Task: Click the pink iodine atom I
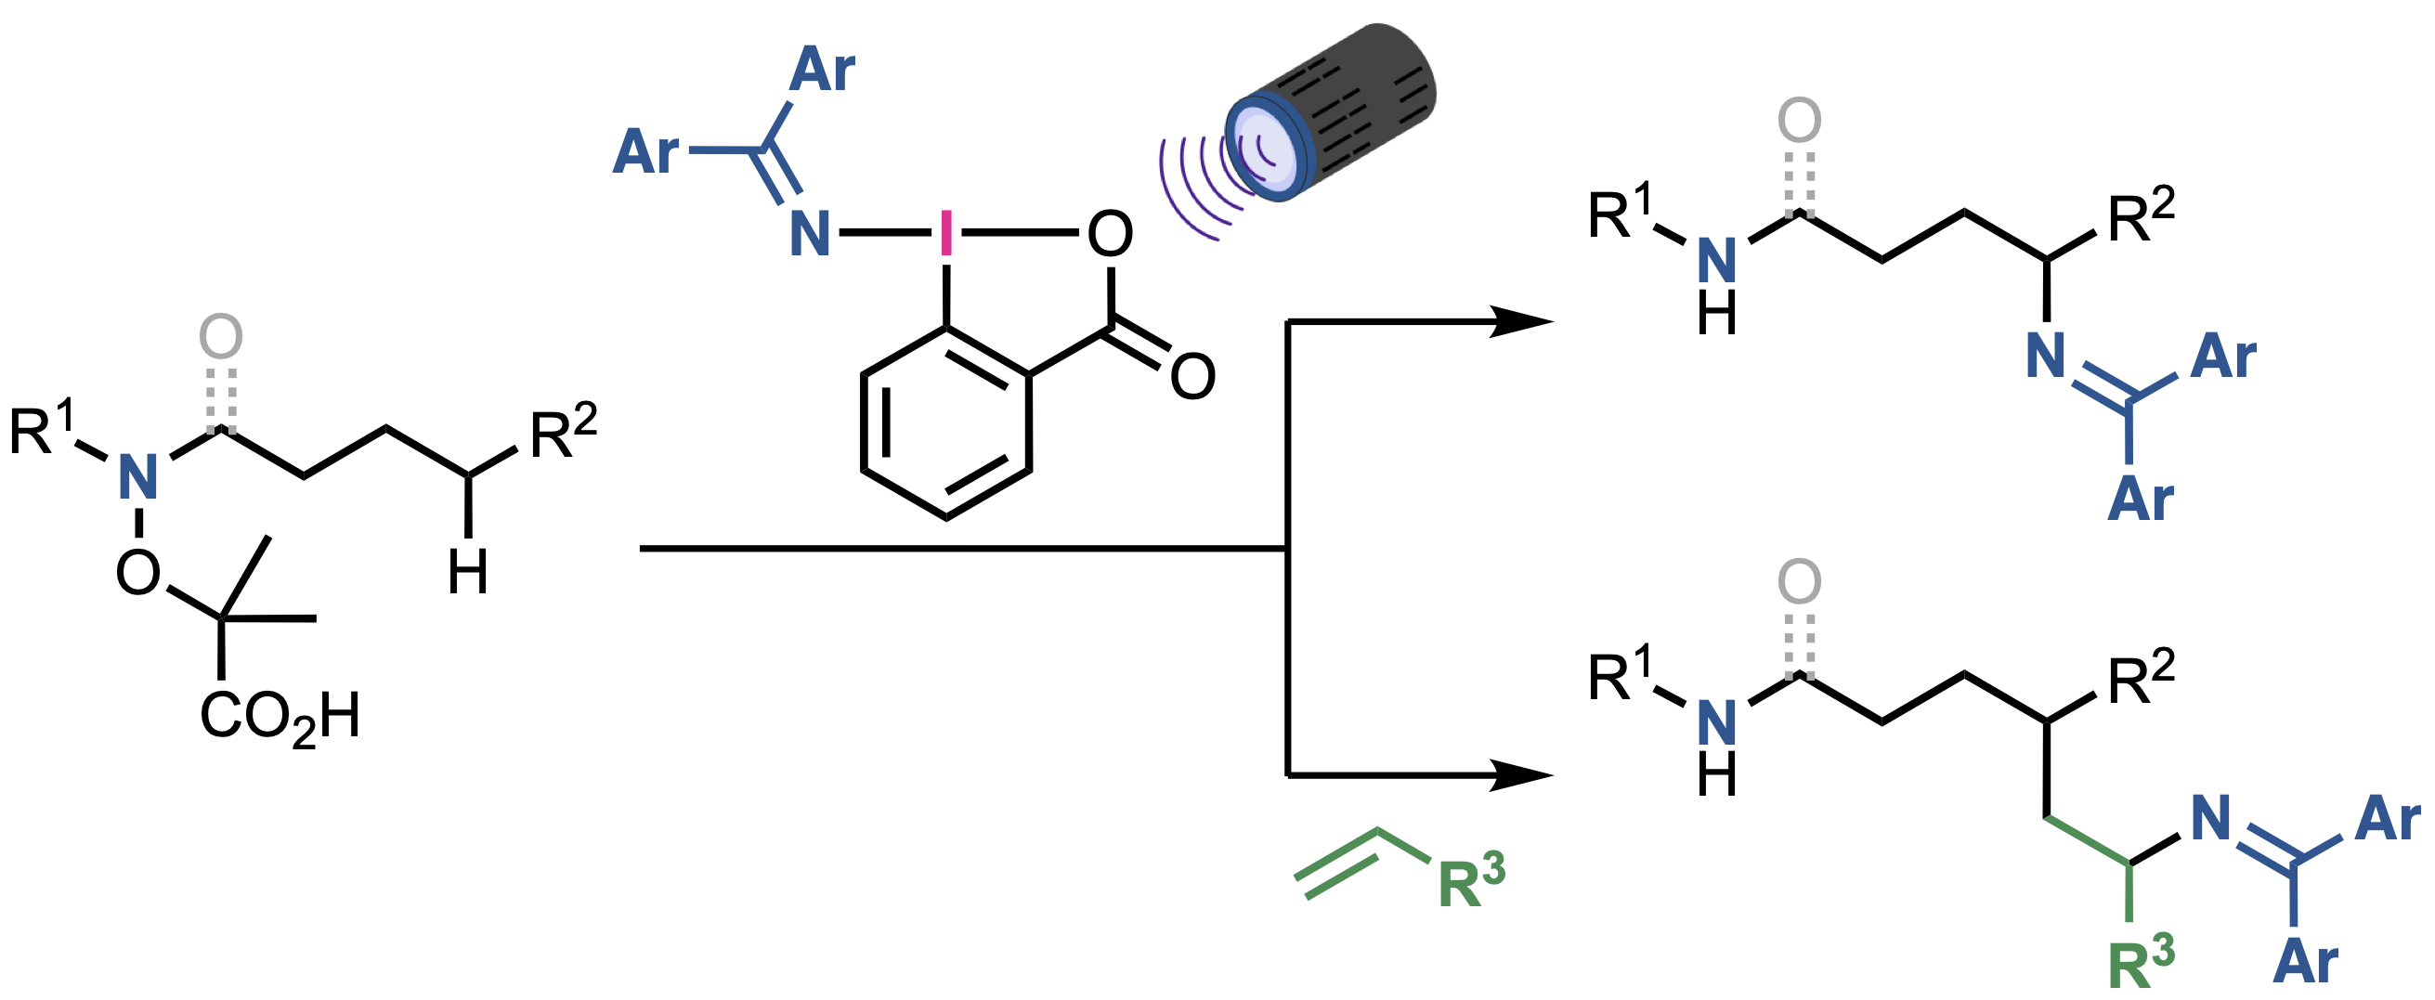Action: (946, 232)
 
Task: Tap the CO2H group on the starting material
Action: (280, 717)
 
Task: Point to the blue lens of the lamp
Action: (1265, 151)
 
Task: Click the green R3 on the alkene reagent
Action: (1471, 881)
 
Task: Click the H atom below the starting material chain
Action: (468, 572)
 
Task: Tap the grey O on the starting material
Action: (221, 337)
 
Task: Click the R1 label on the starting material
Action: (42, 430)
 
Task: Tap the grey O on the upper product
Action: (1799, 121)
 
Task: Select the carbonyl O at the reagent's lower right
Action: (1192, 376)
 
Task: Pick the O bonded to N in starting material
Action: (138, 573)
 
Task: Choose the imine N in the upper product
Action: (2047, 357)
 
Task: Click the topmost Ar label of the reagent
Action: (822, 69)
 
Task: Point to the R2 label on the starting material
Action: (564, 432)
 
